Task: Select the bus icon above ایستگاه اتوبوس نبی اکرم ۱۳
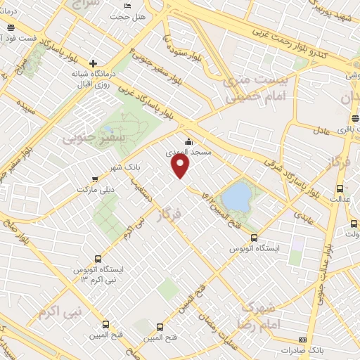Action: click(x=97, y=258)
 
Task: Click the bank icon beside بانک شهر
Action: click(x=94, y=160)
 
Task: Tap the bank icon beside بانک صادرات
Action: click(x=303, y=340)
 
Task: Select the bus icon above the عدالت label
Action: click(x=340, y=188)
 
